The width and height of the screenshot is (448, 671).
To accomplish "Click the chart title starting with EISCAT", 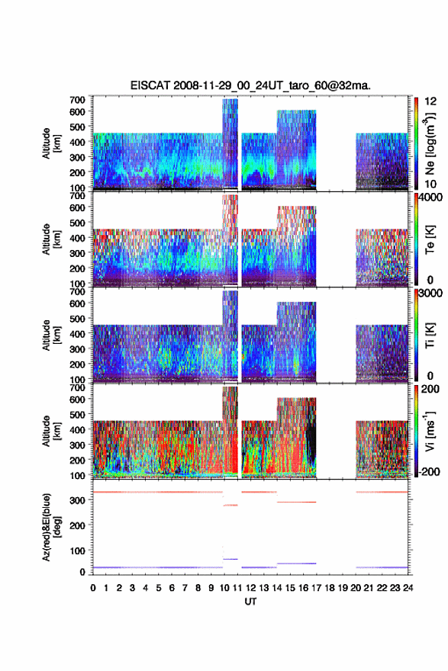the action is [250, 85].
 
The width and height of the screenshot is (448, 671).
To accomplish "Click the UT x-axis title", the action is [250, 602].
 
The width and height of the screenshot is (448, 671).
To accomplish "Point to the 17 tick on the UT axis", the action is [317, 588].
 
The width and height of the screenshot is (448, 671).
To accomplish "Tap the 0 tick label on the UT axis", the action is [93, 588].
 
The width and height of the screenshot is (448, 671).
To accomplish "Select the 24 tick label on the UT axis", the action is [408, 588].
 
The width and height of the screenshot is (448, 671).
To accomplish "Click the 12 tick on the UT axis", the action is [250, 588].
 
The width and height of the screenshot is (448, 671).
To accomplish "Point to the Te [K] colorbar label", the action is [430, 239].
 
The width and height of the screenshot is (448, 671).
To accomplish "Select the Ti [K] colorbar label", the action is [430, 335].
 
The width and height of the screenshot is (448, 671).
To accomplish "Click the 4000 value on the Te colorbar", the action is [430, 197].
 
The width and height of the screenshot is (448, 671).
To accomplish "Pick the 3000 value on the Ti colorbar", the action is [430, 294].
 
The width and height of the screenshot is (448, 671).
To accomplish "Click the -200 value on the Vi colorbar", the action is [428, 472].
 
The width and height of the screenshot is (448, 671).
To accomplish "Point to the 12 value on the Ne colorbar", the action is [431, 101].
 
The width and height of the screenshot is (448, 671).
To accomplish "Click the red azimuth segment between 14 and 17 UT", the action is [296, 502].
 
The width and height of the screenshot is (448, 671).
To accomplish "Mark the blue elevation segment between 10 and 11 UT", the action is [230, 559].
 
